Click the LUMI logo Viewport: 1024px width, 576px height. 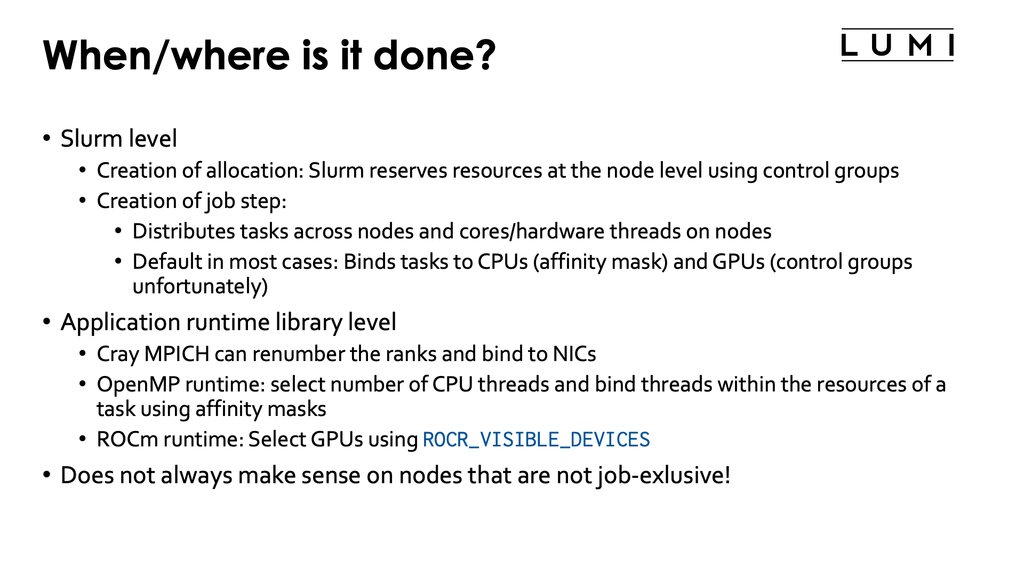point(897,45)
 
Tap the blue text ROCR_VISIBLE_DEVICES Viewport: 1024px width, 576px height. point(536,440)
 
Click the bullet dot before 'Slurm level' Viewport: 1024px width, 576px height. point(47,139)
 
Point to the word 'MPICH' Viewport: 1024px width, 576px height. point(177,354)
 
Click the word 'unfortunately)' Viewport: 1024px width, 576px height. point(200,287)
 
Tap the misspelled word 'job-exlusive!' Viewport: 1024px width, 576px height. point(663,475)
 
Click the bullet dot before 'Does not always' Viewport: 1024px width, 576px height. point(47,475)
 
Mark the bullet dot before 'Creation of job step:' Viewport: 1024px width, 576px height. point(83,201)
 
